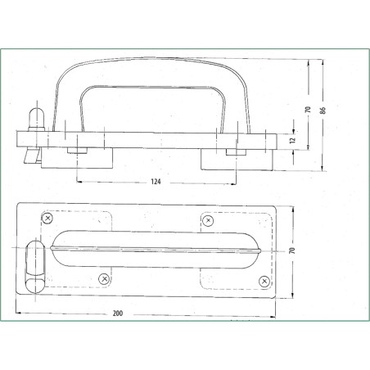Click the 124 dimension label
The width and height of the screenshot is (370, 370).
(x=155, y=182)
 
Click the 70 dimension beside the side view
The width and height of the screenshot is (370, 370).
(x=308, y=109)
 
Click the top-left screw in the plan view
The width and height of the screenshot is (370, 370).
(x=48, y=218)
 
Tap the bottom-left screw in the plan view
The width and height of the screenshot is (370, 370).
(x=104, y=279)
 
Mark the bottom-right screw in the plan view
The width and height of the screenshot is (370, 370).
(x=264, y=281)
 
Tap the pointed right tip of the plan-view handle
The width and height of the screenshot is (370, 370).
(x=262, y=249)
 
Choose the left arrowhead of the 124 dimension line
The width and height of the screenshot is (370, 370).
(x=79, y=179)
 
